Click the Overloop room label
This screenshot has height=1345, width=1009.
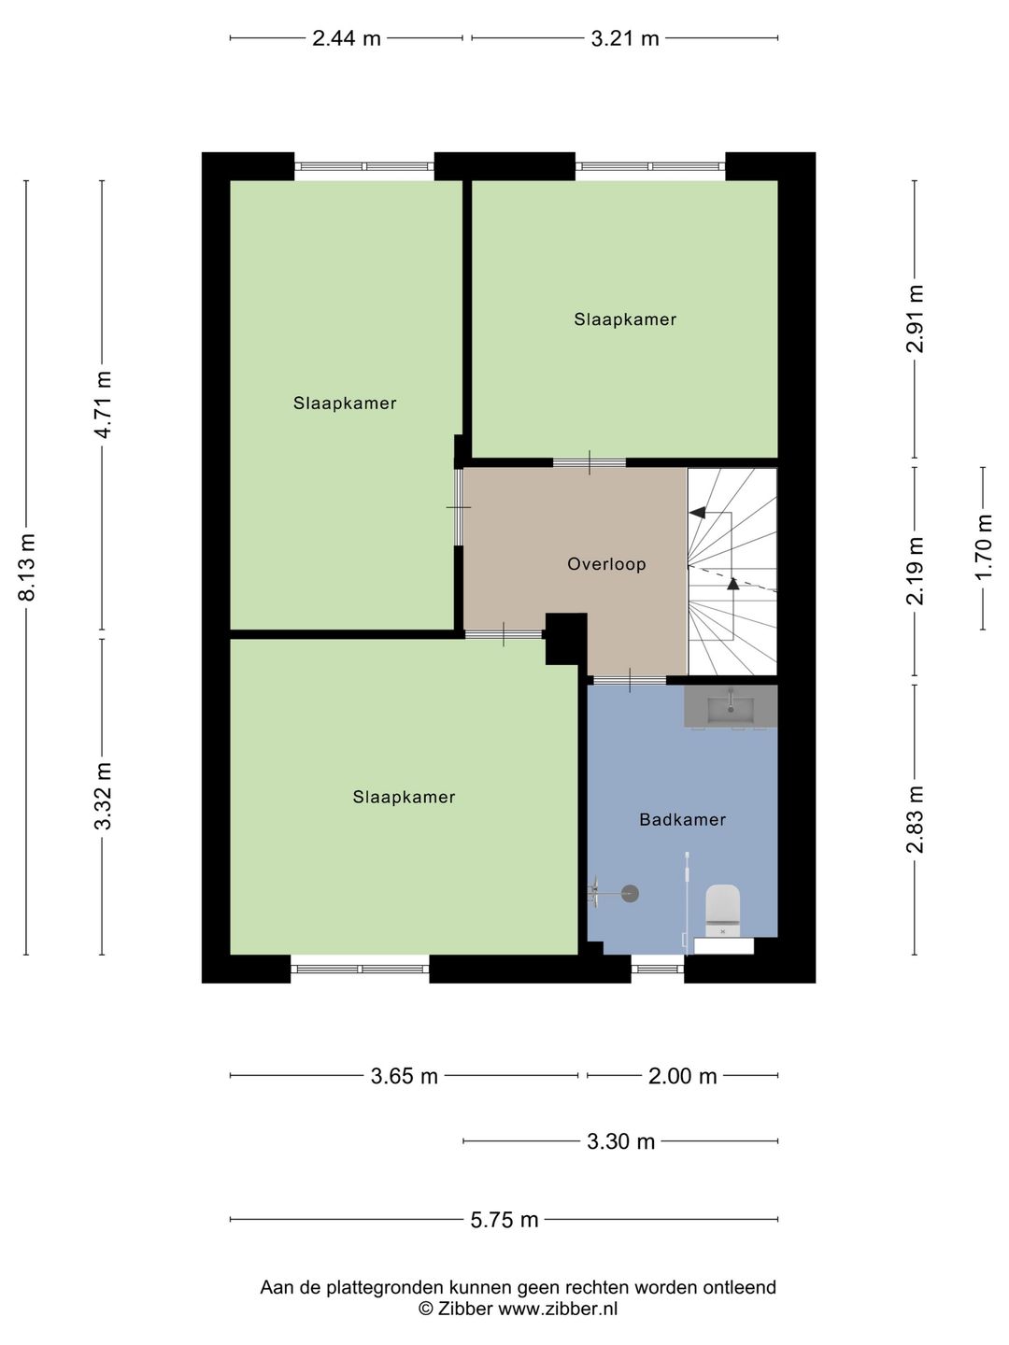tap(606, 564)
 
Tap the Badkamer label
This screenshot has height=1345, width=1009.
tap(682, 820)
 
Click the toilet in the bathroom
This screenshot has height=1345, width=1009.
tap(722, 911)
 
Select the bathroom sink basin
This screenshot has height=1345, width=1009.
tap(731, 706)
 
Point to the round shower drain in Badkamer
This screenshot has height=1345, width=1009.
tap(630, 894)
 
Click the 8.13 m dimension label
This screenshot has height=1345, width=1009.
tap(27, 568)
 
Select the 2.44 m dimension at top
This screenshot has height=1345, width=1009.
tap(347, 38)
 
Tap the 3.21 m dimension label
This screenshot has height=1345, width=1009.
tap(625, 38)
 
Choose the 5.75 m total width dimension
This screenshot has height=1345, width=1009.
tap(504, 1220)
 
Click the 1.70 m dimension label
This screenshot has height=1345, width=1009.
tap(983, 548)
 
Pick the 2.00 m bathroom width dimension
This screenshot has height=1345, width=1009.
tap(682, 1076)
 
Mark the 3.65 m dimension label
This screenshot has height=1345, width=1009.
tap(404, 1076)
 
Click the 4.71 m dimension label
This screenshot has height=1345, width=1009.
tap(103, 404)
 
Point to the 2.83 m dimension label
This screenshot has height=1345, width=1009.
tap(916, 819)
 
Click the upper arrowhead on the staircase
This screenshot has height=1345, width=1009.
tap(697, 513)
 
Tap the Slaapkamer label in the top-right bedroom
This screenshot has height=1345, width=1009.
tap(625, 319)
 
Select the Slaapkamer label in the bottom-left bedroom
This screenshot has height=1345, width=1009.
tap(404, 798)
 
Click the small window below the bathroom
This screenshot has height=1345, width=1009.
tap(658, 969)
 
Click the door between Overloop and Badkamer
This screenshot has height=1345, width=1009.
tap(629, 679)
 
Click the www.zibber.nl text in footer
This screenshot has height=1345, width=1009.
tap(558, 1309)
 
